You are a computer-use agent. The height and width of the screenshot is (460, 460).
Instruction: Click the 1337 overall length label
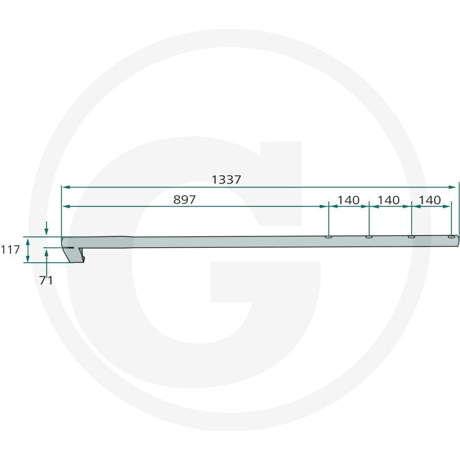point(226,179)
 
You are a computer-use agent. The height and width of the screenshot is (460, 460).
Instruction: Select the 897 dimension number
point(184,200)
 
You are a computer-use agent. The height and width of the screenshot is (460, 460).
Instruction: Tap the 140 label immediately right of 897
point(348,200)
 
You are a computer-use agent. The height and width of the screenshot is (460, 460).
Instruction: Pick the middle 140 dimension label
point(389,200)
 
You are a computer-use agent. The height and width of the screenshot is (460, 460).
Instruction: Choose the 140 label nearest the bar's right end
point(430,200)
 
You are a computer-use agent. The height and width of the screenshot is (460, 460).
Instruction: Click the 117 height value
point(10,250)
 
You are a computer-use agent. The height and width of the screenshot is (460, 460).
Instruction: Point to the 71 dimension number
point(46,280)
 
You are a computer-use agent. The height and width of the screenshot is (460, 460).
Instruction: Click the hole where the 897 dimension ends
point(328,236)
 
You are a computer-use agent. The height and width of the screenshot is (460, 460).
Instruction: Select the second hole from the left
point(369,236)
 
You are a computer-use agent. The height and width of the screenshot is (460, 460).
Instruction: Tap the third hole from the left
point(411,236)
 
